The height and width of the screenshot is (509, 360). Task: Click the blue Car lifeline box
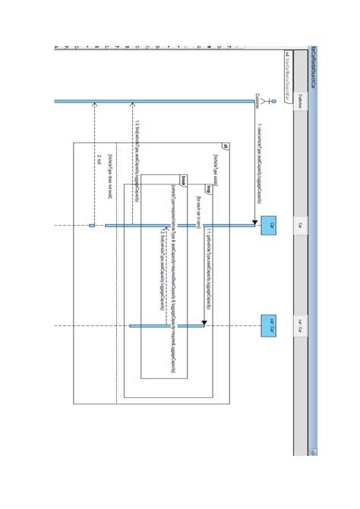pos(268,225)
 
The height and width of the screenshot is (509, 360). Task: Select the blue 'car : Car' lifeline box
pos(268,325)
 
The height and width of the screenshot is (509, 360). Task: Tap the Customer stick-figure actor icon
pos(261,97)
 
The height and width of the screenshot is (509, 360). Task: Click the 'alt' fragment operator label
pos(224,146)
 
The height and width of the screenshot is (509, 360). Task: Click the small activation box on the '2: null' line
pos(92,225)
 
